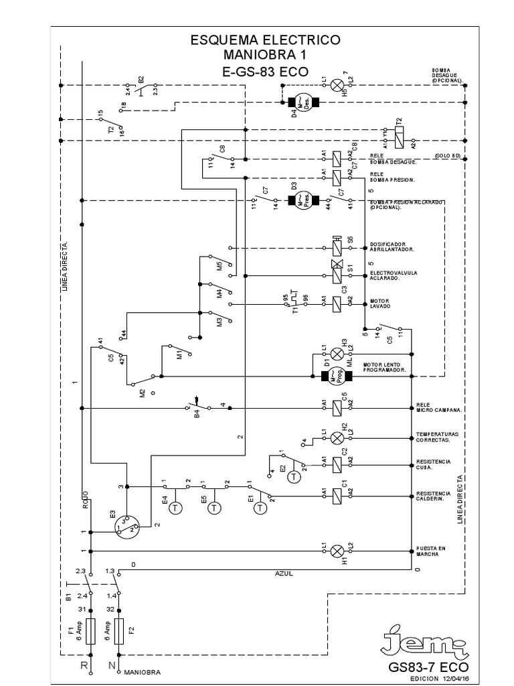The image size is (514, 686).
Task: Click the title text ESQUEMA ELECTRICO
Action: pyautogui.click(x=266, y=40)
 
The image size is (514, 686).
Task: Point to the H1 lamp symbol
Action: pyautogui.click(x=339, y=551)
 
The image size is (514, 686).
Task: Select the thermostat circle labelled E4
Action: pyautogui.click(x=175, y=507)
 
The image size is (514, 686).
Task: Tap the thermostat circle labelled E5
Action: pyautogui.click(x=214, y=507)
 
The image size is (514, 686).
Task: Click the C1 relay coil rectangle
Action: pyautogui.click(x=339, y=496)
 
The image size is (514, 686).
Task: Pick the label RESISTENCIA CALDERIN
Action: pyautogui.click(x=434, y=497)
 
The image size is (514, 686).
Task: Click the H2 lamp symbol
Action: pyautogui.click(x=339, y=437)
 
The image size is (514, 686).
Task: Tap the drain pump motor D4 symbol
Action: pyautogui.click(x=303, y=102)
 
